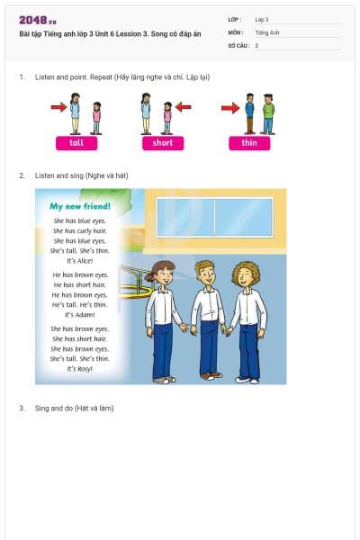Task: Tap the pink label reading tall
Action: click(76, 143)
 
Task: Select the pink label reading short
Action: click(163, 143)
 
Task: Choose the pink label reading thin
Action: click(249, 143)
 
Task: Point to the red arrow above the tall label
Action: click(58, 108)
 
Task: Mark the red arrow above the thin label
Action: click(230, 108)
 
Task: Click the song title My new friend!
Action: click(80, 206)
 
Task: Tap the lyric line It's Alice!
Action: click(80, 260)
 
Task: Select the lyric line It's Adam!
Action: click(80, 315)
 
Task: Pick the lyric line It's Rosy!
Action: click(80, 369)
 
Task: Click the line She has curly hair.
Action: click(80, 230)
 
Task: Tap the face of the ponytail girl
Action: click(163, 274)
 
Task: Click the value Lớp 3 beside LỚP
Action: click(262, 19)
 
